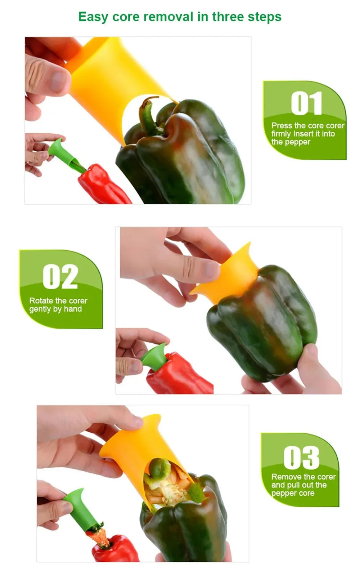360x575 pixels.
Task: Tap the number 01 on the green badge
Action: [306, 103]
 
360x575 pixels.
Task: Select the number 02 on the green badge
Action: [60, 277]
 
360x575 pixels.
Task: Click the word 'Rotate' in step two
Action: [41, 300]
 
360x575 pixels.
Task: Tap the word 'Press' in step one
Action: [282, 126]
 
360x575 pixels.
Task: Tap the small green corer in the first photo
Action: [58, 148]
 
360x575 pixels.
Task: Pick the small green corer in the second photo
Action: [155, 357]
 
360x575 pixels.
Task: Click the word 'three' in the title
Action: [228, 17]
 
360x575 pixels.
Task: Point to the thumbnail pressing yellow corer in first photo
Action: [58, 81]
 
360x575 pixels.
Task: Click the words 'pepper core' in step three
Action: [293, 493]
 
